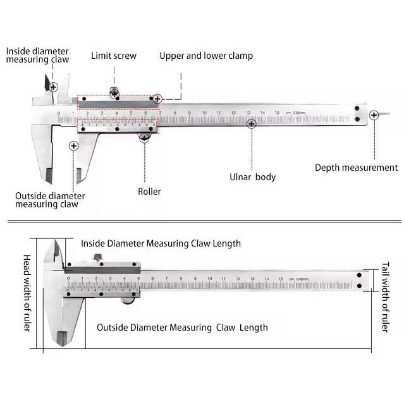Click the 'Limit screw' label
(113, 56)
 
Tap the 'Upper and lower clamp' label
(205, 56)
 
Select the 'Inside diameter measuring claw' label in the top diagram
(37, 55)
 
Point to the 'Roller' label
(149, 191)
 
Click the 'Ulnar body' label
(252, 177)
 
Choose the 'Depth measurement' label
(356, 168)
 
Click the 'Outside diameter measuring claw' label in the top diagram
(49, 200)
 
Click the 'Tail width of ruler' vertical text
(386, 297)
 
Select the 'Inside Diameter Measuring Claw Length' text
(161, 243)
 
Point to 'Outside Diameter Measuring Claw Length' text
(182, 327)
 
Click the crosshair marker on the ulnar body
(252, 124)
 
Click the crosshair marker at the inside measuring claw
(54, 87)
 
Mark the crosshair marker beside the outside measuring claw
(73, 146)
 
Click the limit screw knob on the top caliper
(114, 92)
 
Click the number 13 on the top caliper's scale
(248, 112)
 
